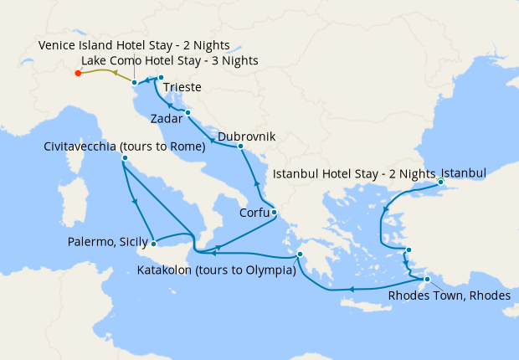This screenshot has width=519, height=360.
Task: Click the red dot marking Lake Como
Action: coord(78,74)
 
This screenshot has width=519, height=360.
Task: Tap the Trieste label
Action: coord(182,86)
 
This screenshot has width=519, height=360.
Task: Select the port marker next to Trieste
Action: coord(161,78)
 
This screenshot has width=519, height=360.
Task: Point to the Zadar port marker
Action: coord(188,112)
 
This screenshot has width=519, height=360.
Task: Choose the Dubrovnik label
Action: coord(246,136)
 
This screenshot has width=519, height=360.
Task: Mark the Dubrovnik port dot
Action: coord(240,147)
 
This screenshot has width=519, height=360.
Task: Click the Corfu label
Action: coord(254,213)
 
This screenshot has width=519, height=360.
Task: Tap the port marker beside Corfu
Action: coord(274,213)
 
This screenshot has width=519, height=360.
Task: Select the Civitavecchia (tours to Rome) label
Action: coord(125,147)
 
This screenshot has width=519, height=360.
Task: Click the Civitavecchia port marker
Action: coord(124,158)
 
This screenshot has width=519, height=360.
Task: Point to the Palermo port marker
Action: coord(155,244)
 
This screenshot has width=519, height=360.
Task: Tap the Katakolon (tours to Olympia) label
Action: coord(216,270)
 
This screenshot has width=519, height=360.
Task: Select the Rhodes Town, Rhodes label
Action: coord(449,295)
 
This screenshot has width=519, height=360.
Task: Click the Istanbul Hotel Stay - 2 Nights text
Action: coord(355,174)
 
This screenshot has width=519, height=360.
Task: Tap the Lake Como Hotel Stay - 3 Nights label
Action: coord(169,60)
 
